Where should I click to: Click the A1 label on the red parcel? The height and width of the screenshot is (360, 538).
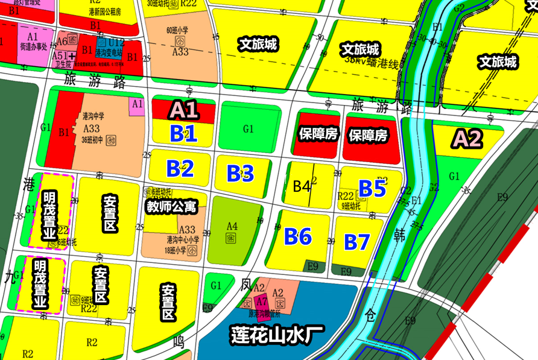coord(183,110)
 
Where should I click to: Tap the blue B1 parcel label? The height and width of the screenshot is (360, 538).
coord(183,133)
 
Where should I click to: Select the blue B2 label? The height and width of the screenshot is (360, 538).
coord(180,169)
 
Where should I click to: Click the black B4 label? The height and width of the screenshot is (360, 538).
coord(302,186)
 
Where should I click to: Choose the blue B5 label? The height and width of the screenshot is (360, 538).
coord(372,189)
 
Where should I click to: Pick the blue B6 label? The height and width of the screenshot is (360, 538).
coord(298,236)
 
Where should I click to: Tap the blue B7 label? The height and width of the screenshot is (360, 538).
coord(356,242)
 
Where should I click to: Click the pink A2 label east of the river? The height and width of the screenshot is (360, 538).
coord(467,139)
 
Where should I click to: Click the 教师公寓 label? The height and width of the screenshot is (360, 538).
coord(172,207)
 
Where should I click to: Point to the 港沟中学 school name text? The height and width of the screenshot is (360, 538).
coord(93,116)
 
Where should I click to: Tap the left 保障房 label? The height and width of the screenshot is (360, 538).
coord(318,134)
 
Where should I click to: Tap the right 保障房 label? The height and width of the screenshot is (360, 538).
coord(368,135)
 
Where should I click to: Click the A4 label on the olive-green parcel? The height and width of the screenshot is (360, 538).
coord(232,226)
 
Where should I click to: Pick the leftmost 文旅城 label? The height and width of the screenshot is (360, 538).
coord(258,44)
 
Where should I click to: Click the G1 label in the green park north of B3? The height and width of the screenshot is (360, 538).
coord(248,129)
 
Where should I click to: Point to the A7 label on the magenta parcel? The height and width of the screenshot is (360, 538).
coord(261,301)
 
